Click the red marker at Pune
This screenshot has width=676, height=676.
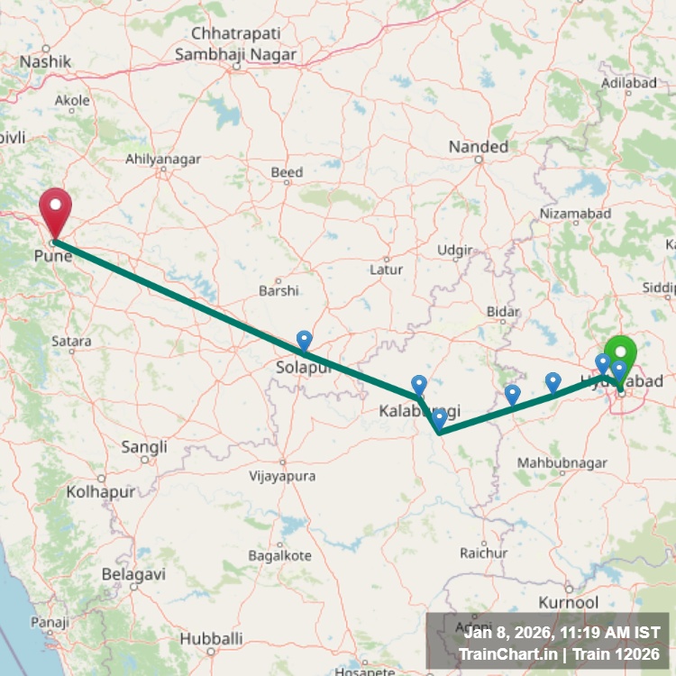coord(55,210)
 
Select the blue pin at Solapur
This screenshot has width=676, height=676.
coord(305,341)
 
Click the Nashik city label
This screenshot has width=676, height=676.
coord(45,61)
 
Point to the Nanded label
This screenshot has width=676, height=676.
coord(479,146)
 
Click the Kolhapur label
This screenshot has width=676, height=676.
coord(100,492)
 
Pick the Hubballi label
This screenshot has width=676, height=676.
coord(211,638)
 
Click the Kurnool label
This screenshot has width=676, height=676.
coord(568,601)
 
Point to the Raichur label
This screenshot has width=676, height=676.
coord(479,552)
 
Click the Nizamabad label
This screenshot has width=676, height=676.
coord(575,213)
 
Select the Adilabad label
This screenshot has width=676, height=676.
coord(628,82)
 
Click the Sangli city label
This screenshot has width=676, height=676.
coord(144,446)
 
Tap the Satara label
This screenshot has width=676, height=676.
coord(71,342)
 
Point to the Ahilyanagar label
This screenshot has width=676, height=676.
coord(162,159)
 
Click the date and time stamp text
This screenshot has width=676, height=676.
coord(556,633)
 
